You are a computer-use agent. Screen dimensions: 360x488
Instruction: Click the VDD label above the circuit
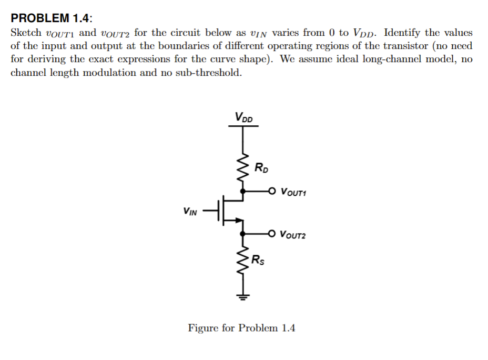point(243,117)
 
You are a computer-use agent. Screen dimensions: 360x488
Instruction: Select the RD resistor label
point(261,168)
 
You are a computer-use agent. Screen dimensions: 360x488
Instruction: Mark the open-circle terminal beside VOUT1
point(272,191)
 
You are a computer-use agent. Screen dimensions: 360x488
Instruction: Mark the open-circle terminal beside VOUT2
point(272,233)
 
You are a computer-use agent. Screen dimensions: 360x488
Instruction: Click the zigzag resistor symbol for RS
point(242,258)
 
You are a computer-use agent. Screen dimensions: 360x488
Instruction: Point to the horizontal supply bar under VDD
point(243,125)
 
